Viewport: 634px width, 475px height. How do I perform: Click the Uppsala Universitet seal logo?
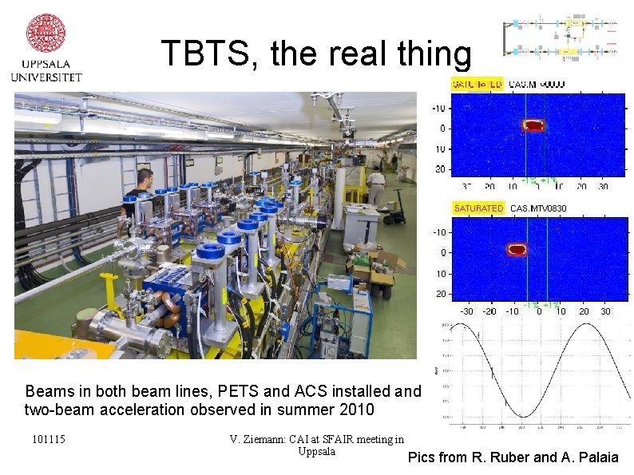46,33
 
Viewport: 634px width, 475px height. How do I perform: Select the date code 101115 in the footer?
49,440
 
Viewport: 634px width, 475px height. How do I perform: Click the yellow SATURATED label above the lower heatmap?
478,208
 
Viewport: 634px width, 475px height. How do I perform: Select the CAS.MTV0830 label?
538,208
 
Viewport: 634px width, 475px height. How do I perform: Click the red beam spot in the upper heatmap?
533,125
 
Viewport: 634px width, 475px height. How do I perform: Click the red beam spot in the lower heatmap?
517,249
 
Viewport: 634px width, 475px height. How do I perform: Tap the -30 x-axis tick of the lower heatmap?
467,311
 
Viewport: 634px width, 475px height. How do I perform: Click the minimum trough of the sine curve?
522,415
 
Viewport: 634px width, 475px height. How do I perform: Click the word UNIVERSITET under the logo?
46,77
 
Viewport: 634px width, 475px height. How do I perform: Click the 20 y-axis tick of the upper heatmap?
441,169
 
